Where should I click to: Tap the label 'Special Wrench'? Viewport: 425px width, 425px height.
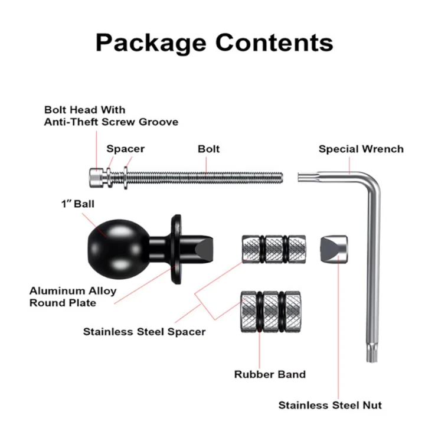point(361,149)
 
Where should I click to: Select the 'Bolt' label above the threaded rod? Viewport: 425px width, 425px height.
point(208,149)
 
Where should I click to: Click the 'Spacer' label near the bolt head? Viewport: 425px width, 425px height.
point(125,149)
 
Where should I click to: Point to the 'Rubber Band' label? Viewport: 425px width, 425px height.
point(270,374)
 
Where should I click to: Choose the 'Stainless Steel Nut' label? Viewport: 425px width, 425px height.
point(330,405)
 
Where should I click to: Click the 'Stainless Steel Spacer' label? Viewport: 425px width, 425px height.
point(144,331)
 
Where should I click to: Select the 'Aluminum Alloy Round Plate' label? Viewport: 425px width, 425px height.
point(73,297)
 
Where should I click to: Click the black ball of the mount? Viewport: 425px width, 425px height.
point(111,246)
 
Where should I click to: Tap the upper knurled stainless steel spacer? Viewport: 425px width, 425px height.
point(273,249)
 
